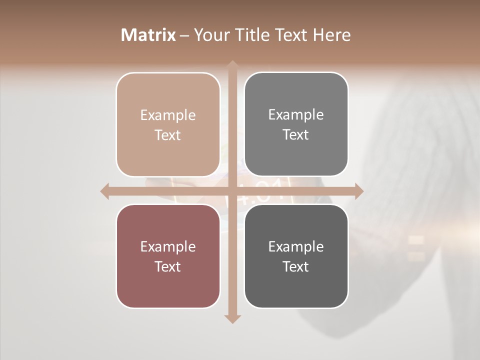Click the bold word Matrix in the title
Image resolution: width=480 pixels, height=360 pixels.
click(148, 35)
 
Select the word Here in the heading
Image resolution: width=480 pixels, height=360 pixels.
click(332, 35)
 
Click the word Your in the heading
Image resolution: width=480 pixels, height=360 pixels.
click(210, 35)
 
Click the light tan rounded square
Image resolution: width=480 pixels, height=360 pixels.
click(168, 124)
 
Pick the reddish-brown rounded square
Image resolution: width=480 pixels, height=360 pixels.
click(168, 256)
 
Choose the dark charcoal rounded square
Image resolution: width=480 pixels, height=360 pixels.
click(296, 256)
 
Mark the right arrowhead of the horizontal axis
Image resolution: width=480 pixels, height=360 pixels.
click(358, 191)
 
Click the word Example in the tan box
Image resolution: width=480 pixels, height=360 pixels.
click(168, 115)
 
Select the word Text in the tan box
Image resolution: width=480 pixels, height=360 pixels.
click(168, 135)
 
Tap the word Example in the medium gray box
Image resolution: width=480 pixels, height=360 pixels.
click(296, 114)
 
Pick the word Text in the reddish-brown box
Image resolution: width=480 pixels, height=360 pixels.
click(168, 266)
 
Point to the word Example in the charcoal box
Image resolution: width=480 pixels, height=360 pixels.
click(296, 246)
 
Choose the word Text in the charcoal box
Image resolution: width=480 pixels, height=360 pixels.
click(296, 266)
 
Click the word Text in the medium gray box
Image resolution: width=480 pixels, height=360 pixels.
click(296, 134)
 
